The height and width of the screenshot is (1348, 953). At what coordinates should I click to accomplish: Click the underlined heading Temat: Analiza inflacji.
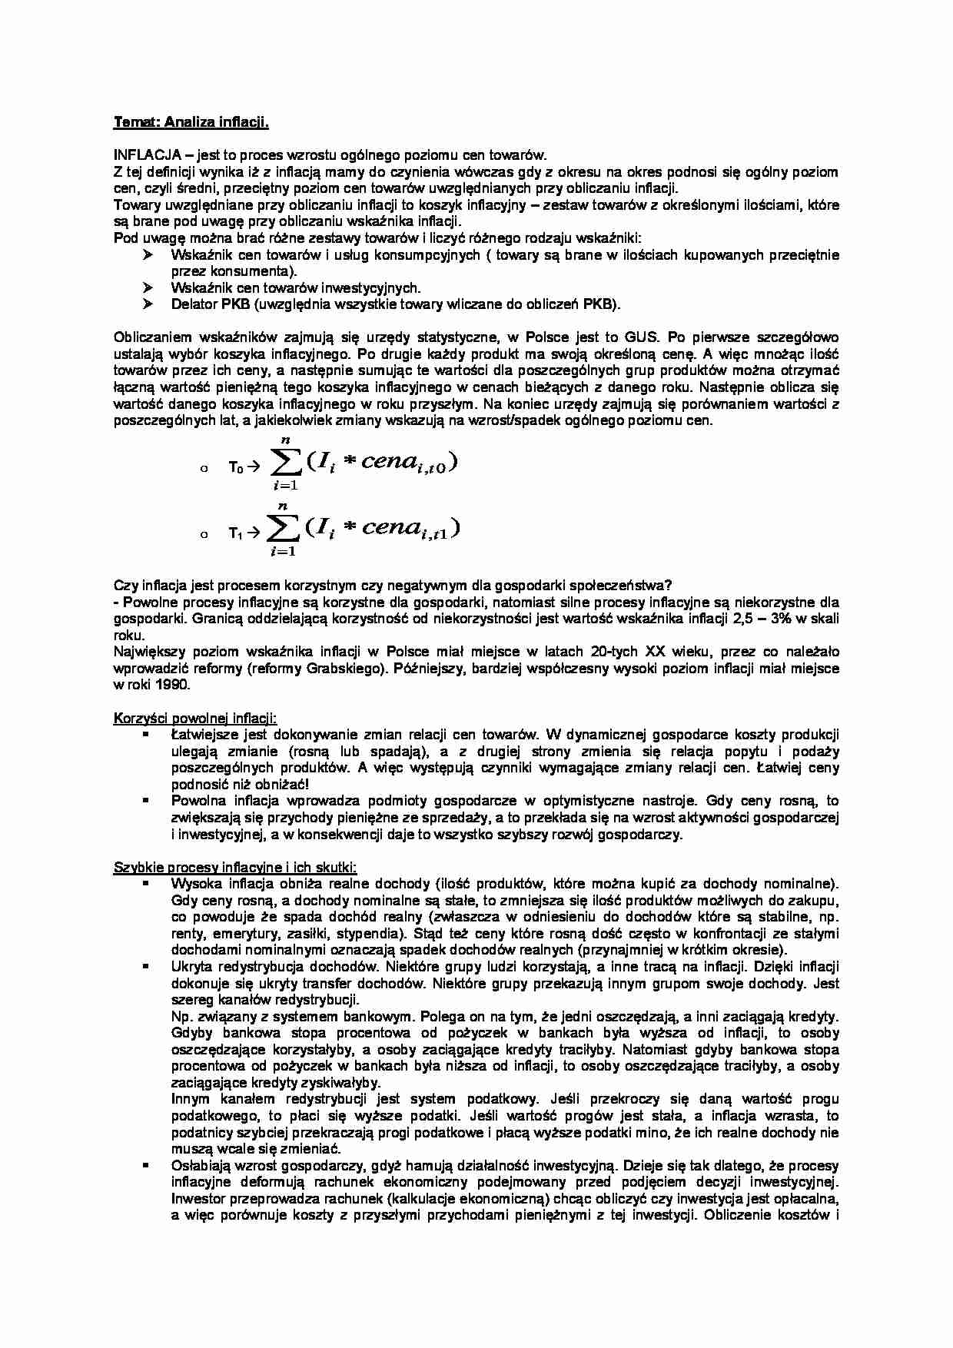click(x=191, y=122)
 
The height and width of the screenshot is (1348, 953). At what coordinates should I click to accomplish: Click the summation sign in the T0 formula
click(x=282, y=463)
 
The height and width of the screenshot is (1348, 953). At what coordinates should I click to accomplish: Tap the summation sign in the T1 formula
click(x=281, y=530)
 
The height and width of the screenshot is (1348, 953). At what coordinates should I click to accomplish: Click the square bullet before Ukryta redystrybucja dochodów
click(x=144, y=966)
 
